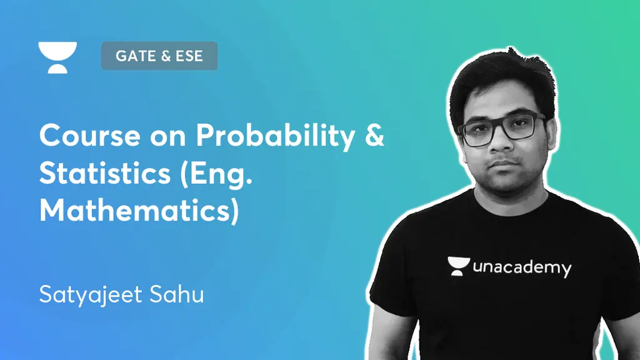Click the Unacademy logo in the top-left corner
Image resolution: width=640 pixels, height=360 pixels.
[x=57, y=57]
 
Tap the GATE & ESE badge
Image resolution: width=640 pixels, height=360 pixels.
[x=159, y=56]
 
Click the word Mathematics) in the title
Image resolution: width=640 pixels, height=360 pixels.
[x=139, y=211]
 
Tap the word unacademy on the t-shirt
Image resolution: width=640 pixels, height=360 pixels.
[x=522, y=268]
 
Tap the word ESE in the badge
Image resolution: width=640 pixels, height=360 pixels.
[x=189, y=56]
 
